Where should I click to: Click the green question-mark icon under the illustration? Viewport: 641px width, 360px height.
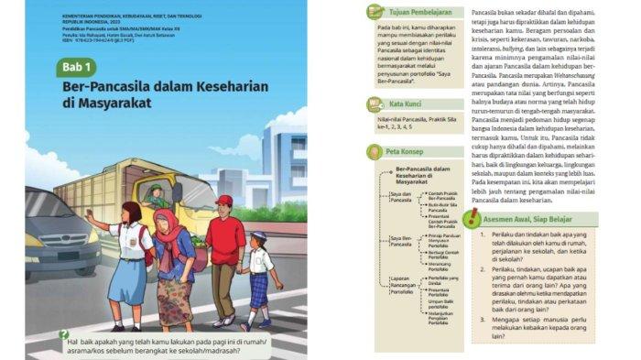coord(63,335)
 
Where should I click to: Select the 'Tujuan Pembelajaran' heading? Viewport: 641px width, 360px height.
coord(412,11)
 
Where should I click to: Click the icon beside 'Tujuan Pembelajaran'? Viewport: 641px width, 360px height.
coord(375,11)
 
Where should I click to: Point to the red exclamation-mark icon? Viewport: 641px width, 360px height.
coord(471,218)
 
